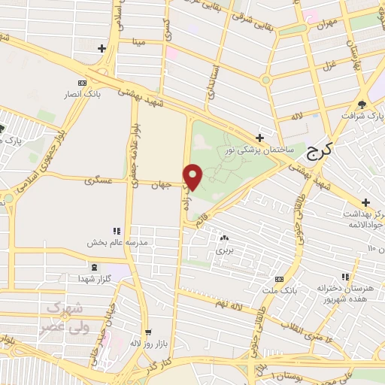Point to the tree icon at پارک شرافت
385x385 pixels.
pos(362,104)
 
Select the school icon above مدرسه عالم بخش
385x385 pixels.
pos(117,231)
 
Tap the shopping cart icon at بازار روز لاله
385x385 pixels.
pos(148,332)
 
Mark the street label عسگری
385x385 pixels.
pos(99,181)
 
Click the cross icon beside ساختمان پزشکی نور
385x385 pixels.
pos(259,138)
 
